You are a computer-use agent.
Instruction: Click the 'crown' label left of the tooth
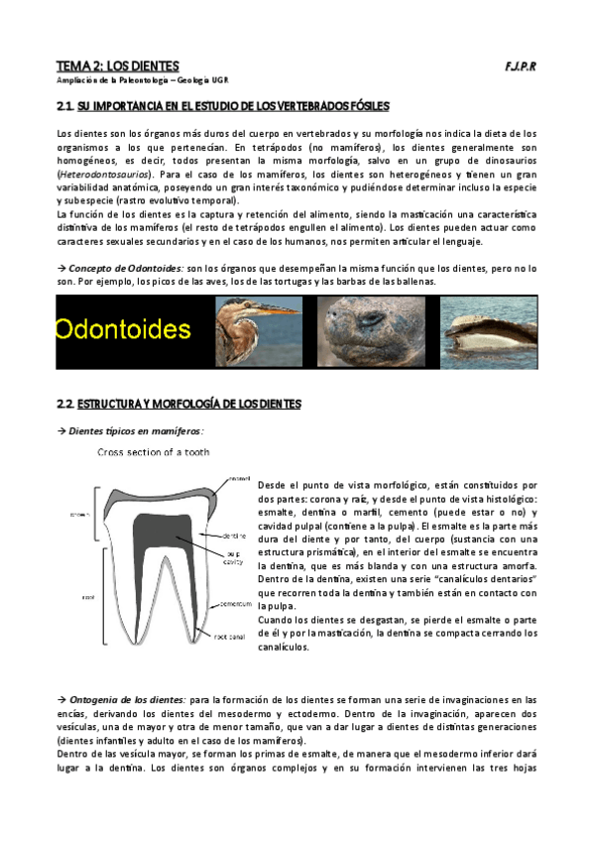67,515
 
